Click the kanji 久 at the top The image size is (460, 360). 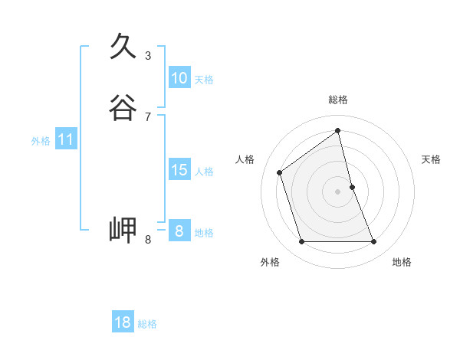coord(123,47)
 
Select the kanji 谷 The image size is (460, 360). coord(123,108)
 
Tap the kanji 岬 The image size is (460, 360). coord(123,230)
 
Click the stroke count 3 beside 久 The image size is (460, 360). coord(148,56)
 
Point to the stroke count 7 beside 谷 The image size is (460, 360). coord(148,117)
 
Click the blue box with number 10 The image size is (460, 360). coord(179,78)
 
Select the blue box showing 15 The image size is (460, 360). coord(179,170)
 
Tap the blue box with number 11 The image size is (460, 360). coord(66,139)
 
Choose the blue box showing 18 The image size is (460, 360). coord(123,322)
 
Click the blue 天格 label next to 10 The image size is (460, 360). coord(204,80)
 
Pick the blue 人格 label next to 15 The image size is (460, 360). coord(204,172)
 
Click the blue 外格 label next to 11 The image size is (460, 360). coord(41,141)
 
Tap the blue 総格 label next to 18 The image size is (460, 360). coord(147,324)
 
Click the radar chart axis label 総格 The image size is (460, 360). coord(338,100)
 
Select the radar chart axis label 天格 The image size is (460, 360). coord(432,159)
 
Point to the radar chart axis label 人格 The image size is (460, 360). coord(245,159)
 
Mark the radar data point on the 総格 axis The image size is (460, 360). coord(338,130)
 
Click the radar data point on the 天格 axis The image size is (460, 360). coord(352,187)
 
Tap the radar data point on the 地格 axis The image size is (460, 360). coord(374,242)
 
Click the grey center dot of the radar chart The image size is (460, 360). coord(338,191)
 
